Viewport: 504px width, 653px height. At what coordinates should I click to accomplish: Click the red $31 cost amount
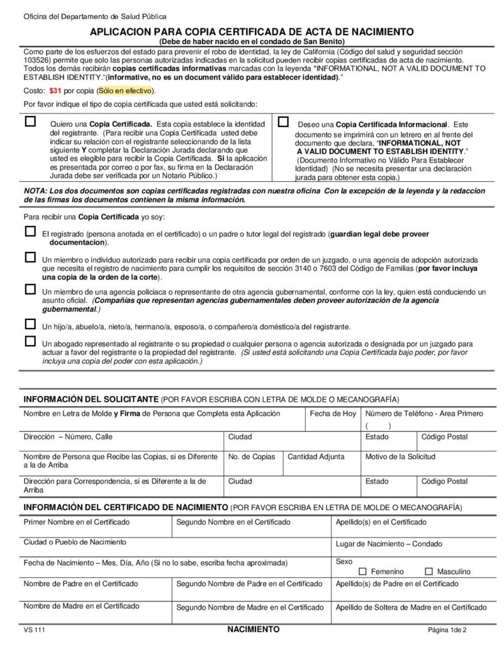pos(55,91)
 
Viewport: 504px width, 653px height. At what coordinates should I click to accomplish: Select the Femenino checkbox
pos(363,571)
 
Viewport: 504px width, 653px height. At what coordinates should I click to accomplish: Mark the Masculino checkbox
pos(429,571)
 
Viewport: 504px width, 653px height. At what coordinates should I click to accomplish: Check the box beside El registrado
pos(30,233)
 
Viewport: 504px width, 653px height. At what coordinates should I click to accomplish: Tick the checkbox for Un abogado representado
pos(30,342)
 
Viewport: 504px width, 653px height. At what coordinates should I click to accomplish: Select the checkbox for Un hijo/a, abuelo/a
pos(30,325)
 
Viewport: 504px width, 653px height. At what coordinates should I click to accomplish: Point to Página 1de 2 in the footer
pos(447,630)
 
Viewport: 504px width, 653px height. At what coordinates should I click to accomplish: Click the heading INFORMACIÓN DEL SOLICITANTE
pos(90,399)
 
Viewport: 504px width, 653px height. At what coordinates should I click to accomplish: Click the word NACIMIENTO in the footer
pos(253,629)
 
